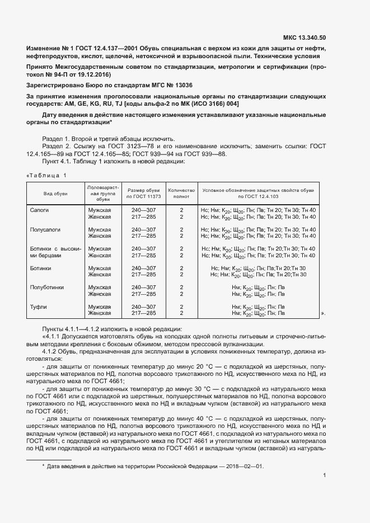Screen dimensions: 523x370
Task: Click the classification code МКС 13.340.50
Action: click(x=305, y=38)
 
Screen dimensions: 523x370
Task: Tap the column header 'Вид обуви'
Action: click(x=56, y=194)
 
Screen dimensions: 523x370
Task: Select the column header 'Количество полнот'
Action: click(x=181, y=194)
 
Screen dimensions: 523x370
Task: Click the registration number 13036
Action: click(x=181, y=85)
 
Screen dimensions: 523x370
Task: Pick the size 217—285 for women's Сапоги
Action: click(x=143, y=216)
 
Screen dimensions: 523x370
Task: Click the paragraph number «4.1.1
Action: click(x=53, y=337)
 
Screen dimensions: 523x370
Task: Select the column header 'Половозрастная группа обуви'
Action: click(x=102, y=194)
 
